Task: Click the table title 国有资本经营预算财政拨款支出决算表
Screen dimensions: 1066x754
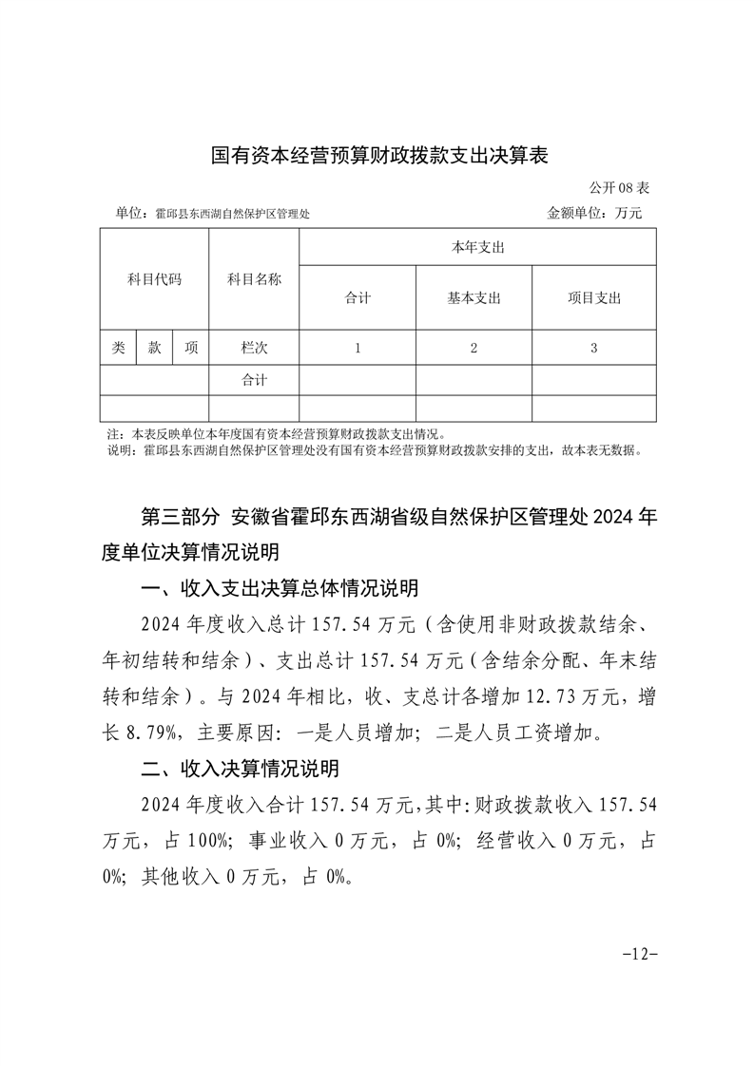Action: point(379,155)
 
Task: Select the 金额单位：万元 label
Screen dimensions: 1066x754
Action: point(594,214)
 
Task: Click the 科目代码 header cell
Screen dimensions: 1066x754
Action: point(154,279)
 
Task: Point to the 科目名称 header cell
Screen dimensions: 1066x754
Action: point(254,279)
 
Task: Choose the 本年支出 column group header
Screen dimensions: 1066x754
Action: point(477,247)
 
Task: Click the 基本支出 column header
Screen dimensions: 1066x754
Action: point(474,298)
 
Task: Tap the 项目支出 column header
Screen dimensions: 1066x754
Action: point(593,298)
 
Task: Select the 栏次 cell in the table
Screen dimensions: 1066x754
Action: point(254,348)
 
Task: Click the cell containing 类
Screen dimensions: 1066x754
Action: point(118,348)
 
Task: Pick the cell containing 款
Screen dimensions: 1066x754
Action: point(154,348)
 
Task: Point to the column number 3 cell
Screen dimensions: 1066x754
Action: point(593,348)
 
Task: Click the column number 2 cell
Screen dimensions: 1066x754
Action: point(474,348)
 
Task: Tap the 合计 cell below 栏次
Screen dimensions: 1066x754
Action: point(254,380)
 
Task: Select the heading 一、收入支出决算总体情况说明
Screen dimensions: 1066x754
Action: point(280,589)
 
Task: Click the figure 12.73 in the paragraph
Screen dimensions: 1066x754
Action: point(527,696)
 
